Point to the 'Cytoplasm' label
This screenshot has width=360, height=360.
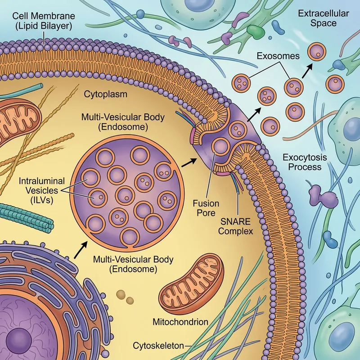(x=106, y=94)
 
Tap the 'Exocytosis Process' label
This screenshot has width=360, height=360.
(x=302, y=162)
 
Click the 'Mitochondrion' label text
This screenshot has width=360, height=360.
(x=180, y=322)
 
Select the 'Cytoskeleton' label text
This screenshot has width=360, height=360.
(x=158, y=346)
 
